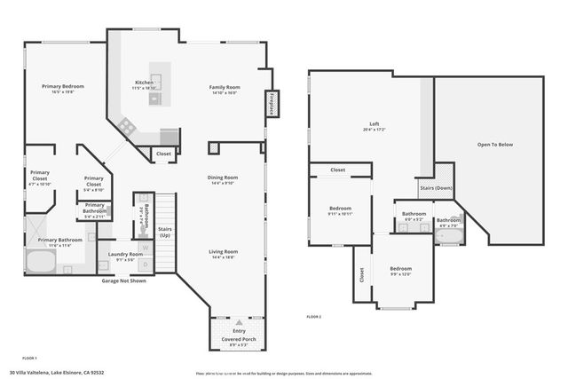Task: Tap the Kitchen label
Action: pyautogui.click(x=144, y=83)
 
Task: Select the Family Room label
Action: pyautogui.click(x=224, y=87)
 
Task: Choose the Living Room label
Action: pyautogui.click(x=223, y=251)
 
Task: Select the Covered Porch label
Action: pyautogui.click(x=238, y=339)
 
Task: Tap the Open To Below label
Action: pyautogui.click(x=495, y=144)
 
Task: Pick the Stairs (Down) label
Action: pyautogui.click(x=436, y=188)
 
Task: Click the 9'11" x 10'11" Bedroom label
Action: pyautogui.click(x=341, y=209)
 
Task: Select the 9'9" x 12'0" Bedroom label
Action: pyautogui.click(x=401, y=268)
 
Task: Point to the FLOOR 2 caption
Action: pyautogui.click(x=314, y=317)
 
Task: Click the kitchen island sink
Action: pyautogui.click(x=154, y=99)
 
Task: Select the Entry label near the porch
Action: pyautogui.click(x=238, y=330)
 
